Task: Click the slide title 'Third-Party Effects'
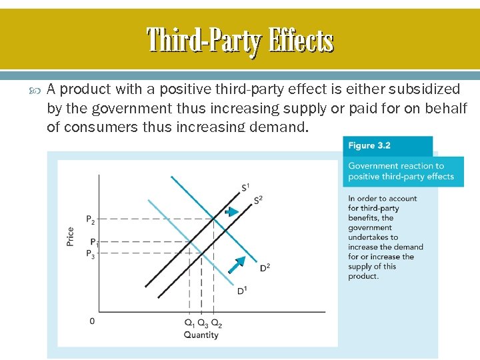(240, 39)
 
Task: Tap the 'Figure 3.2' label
(369, 146)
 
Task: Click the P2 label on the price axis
(91, 219)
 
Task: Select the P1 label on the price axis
(94, 242)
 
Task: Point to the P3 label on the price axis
(91, 253)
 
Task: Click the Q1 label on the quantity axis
(189, 323)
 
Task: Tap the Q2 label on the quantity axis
(217, 323)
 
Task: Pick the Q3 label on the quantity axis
(203, 323)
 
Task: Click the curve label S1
(245, 186)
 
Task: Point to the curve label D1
(242, 291)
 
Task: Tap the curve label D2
(264, 267)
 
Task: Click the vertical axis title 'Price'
(71, 237)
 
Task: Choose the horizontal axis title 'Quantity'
(201, 335)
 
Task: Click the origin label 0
(92, 321)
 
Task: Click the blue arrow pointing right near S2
(231, 212)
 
